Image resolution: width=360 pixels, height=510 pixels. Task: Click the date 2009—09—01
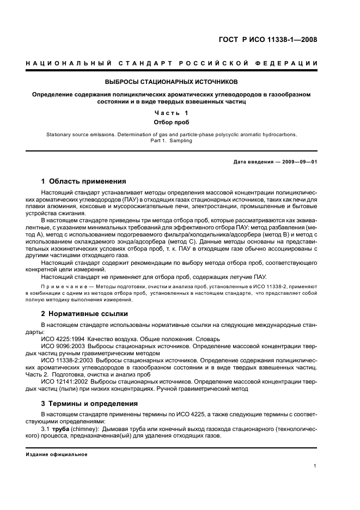pyautogui.click(x=295, y=162)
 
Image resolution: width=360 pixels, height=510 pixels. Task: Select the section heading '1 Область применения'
pyautogui.click(x=84, y=181)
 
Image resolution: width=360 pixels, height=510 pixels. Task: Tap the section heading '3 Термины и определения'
pyautogui.click(x=89, y=403)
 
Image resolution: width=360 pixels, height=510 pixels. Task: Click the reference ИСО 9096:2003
pyautogui.click(x=63, y=346)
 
